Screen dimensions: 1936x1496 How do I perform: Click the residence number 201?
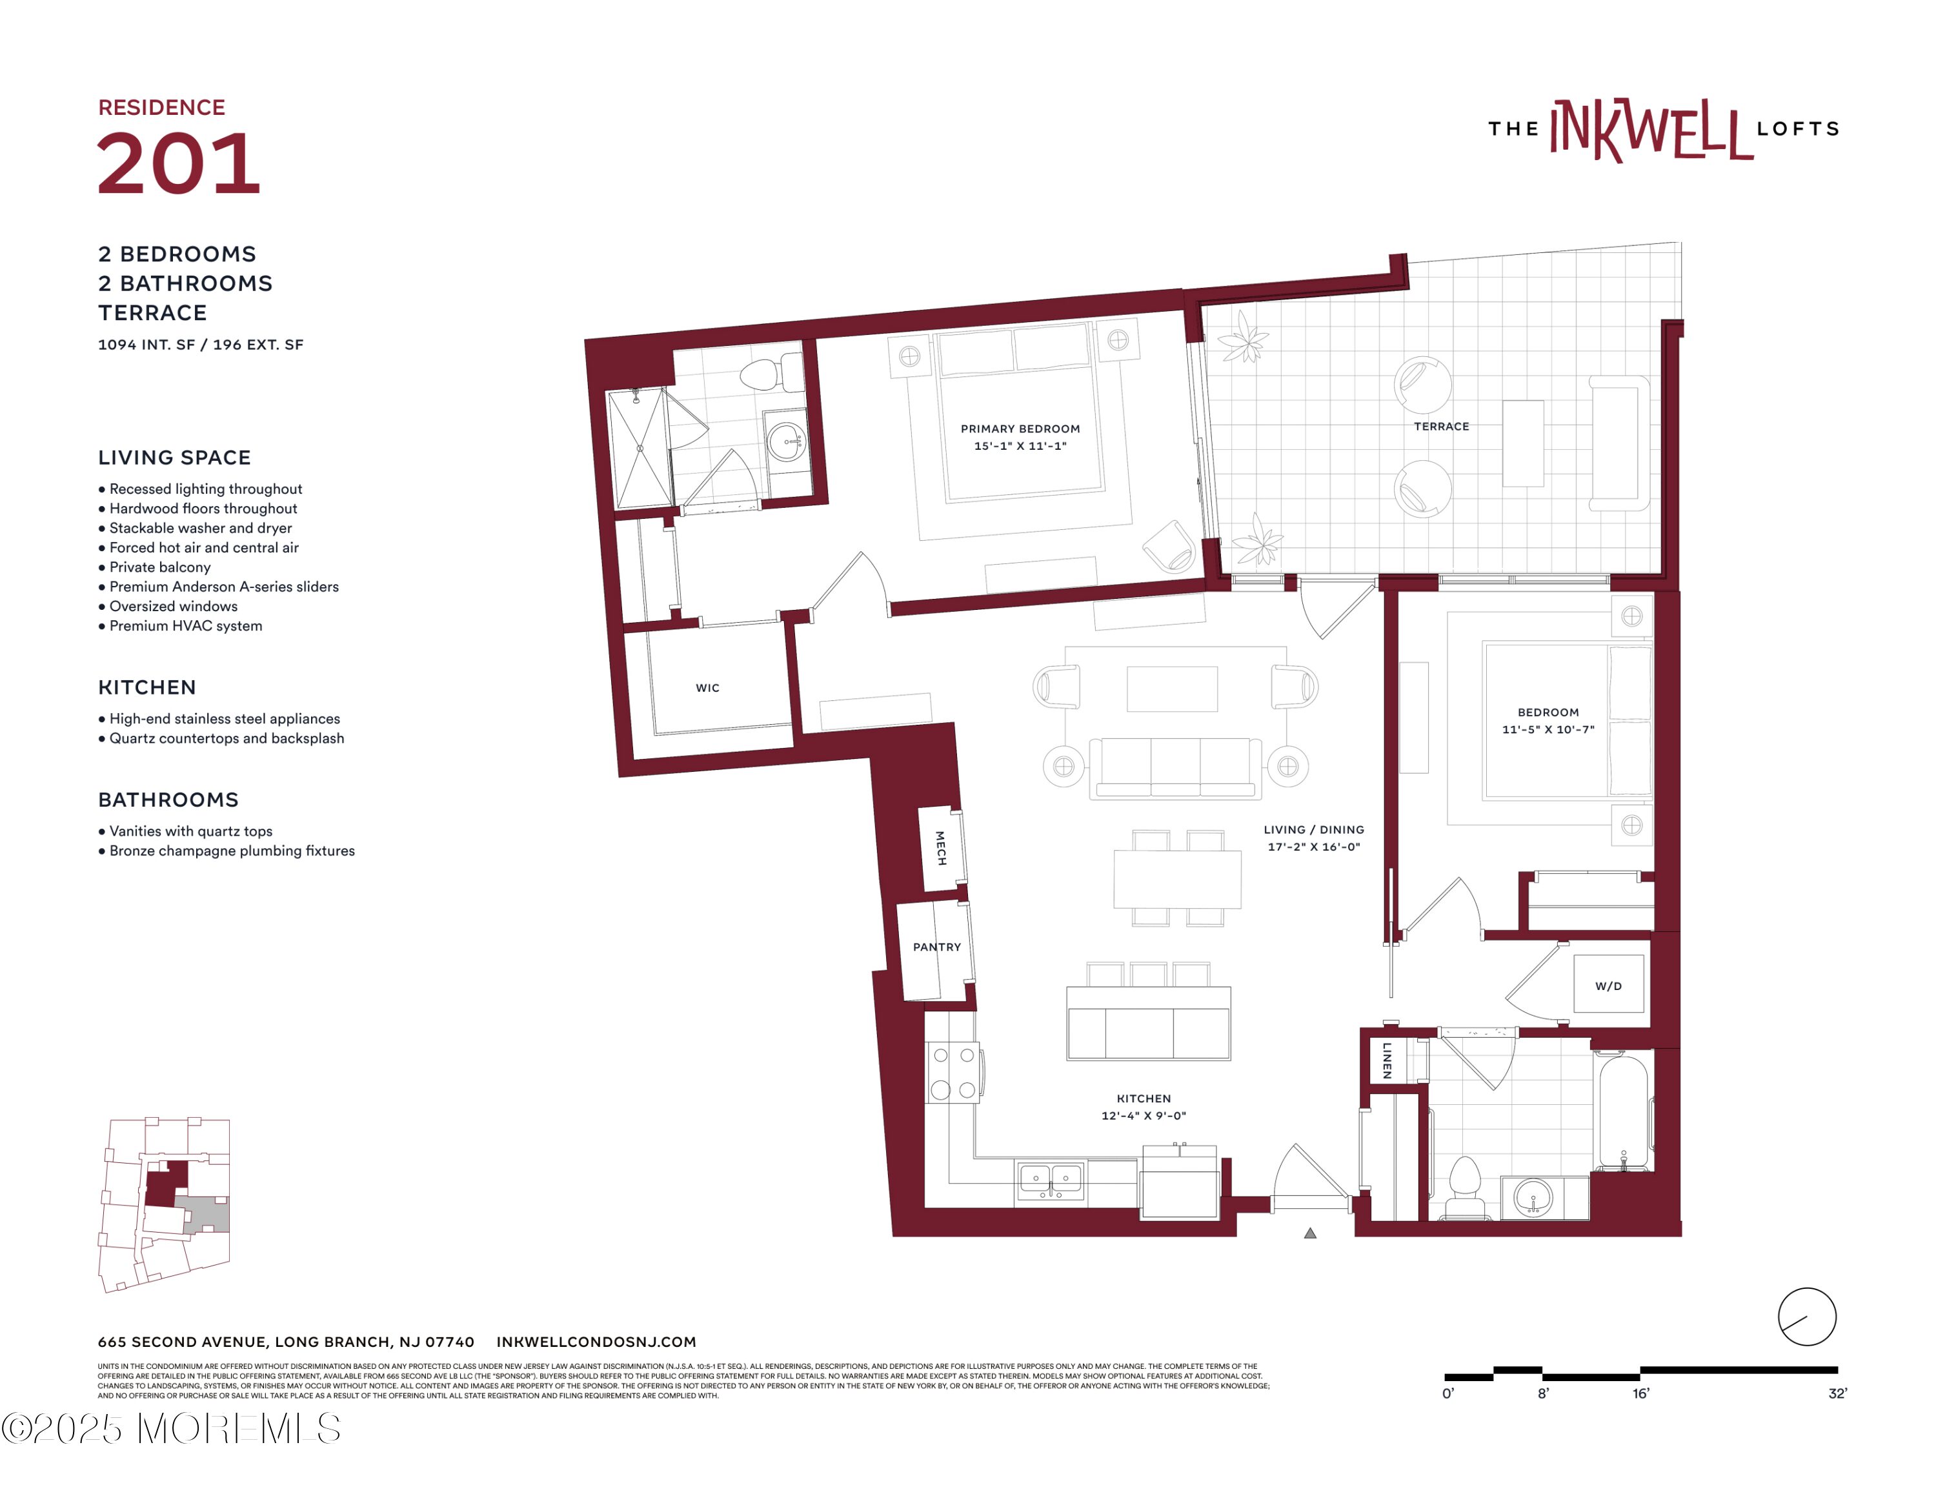click(178, 163)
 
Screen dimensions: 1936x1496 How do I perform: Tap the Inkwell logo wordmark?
click(1663, 129)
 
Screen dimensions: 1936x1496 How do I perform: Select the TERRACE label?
click(1442, 427)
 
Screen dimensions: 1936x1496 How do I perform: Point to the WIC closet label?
click(707, 688)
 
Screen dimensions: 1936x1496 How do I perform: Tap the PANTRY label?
click(937, 947)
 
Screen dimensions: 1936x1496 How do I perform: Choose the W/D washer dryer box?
click(1609, 984)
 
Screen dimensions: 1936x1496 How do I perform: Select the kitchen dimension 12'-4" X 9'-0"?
click(1144, 1116)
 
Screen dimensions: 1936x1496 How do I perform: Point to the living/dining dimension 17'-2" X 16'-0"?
click(1314, 846)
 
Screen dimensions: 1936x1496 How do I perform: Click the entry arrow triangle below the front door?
click(1310, 1233)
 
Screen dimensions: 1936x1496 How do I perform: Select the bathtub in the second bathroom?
click(1623, 1111)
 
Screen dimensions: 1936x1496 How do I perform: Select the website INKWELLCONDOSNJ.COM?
click(596, 1342)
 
